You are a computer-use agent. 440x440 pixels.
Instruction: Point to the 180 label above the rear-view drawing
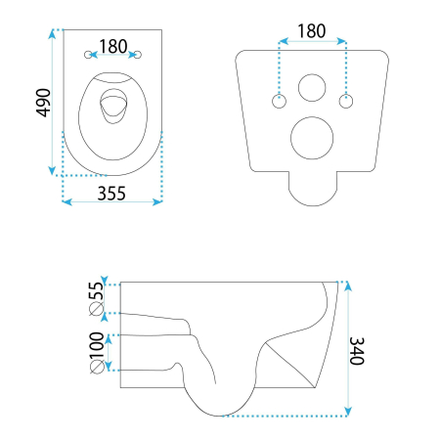click(311, 30)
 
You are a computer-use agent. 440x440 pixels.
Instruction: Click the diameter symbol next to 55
click(96, 311)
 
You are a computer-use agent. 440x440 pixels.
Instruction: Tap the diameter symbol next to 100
click(96, 367)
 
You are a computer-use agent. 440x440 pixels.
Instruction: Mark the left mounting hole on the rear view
click(280, 99)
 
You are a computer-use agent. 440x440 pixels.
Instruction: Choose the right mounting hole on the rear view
click(344, 99)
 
